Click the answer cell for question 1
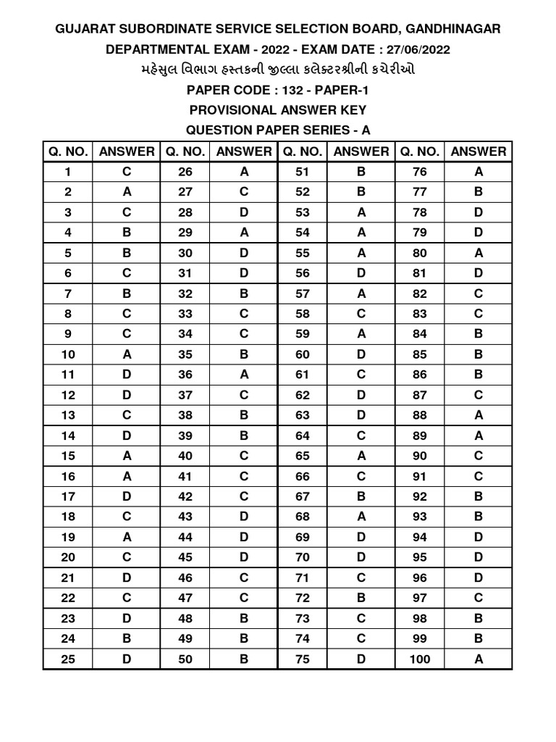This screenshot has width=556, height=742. point(127,172)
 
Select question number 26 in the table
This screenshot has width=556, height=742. point(185,172)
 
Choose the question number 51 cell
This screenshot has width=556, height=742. point(302,172)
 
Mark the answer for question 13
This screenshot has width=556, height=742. point(127,415)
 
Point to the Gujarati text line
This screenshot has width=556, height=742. point(277,70)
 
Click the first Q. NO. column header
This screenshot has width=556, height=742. point(68,151)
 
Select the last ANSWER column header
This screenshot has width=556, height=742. point(479,151)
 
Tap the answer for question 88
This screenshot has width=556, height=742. point(479,415)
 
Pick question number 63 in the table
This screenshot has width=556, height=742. point(302,415)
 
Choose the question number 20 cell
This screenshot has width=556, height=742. point(68,557)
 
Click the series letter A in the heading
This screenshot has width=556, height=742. point(366,130)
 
